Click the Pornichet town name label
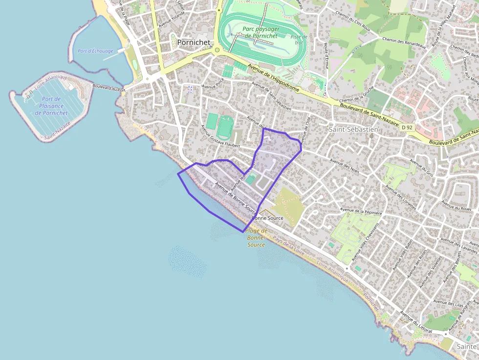point(194,42)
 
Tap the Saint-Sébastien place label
point(353,129)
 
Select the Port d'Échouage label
point(95,51)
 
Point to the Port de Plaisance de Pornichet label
point(51,106)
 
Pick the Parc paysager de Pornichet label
point(260,32)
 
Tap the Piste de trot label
point(299,40)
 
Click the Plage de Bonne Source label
point(256,237)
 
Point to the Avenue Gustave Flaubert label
point(220,136)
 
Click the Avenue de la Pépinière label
point(361,211)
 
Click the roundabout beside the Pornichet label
point(217,50)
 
